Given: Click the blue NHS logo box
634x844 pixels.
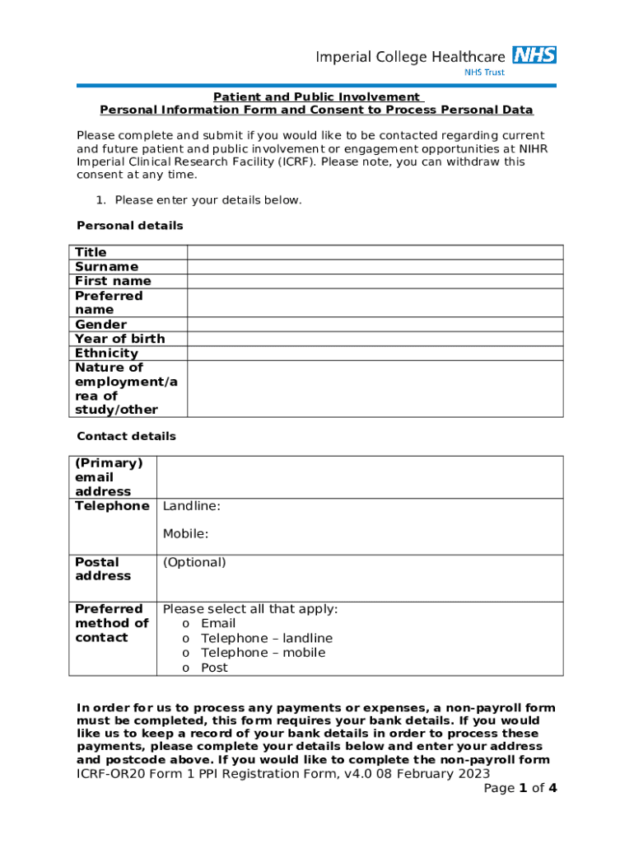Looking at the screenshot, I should tap(534, 55).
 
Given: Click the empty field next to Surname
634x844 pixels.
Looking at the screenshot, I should tap(375, 266).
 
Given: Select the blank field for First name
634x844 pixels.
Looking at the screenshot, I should tap(375, 281).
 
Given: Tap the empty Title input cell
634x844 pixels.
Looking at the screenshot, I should tap(375, 252).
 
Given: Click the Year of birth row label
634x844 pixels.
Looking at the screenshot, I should tap(119, 339).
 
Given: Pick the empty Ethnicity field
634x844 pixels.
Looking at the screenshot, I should tap(375, 353).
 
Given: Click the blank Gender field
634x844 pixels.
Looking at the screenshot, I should tap(375, 324).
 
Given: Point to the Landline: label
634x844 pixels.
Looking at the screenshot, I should tap(191, 506).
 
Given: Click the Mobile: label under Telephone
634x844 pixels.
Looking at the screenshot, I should tap(185, 534).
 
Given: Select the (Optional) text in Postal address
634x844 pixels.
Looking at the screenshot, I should tap(194, 562).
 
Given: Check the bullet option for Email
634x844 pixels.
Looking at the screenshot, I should tap(185, 624).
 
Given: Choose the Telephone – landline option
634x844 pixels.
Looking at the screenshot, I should tap(185, 639).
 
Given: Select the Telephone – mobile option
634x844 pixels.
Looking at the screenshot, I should tap(185, 653).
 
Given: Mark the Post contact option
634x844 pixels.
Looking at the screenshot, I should tap(185, 668).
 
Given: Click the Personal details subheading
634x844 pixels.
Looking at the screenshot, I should tap(130, 226).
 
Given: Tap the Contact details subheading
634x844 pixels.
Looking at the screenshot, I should tap(126, 436).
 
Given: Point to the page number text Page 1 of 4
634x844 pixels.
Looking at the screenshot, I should tap(520, 788).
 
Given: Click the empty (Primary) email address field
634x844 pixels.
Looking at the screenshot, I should tap(360, 477).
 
